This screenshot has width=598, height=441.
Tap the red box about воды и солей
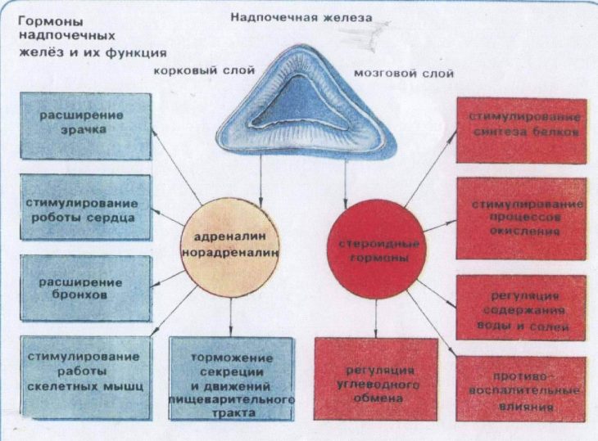[522, 308]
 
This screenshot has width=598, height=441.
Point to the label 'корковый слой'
[194, 71]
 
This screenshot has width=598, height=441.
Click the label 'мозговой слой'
[403, 73]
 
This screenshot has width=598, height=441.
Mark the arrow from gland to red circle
[346, 180]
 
